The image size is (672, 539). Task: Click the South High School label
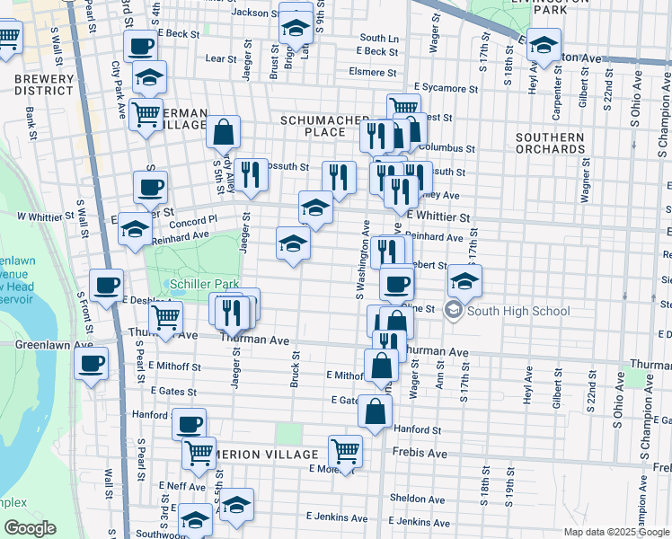[x=517, y=312]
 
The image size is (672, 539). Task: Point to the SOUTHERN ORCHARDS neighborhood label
[x=550, y=144]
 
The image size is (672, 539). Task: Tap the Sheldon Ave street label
[x=417, y=499]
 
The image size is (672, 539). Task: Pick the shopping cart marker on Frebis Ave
[x=345, y=452]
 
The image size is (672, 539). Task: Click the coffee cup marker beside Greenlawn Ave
[x=92, y=364]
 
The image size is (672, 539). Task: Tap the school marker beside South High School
[x=464, y=281]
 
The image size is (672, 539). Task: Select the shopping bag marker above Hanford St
[x=375, y=412]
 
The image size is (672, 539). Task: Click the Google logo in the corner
[x=30, y=528]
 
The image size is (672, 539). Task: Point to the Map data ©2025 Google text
[x=616, y=532]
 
